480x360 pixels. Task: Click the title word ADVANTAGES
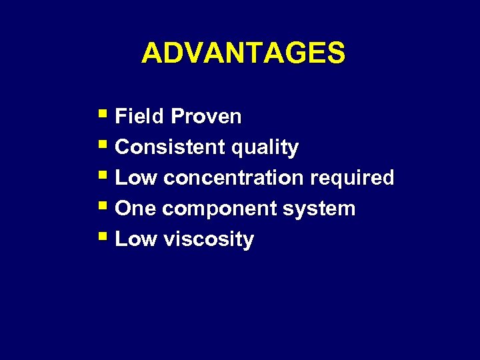tap(243, 53)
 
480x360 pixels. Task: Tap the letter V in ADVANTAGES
tap(192, 53)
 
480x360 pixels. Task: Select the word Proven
tap(206, 117)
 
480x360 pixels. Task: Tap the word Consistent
tap(170, 147)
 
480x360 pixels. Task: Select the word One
tap(135, 209)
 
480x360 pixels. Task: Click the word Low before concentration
tap(136, 178)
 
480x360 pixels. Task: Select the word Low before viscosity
tap(136, 239)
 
